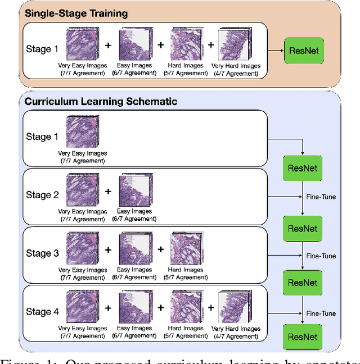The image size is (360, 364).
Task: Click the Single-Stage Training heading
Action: (x=76, y=13)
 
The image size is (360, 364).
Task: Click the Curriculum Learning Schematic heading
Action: (x=100, y=102)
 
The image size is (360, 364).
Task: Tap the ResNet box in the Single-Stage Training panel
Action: (x=303, y=51)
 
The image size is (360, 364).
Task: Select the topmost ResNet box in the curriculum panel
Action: (x=303, y=168)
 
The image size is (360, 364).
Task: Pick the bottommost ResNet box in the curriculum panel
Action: (x=303, y=337)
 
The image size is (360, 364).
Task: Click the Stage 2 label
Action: (x=42, y=195)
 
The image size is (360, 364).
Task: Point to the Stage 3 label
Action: (x=42, y=253)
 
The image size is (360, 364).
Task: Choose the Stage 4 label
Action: (x=42, y=312)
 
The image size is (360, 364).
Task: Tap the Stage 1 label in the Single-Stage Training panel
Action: (x=42, y=49)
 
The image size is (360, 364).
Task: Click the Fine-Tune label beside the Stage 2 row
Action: (x=321, y=197)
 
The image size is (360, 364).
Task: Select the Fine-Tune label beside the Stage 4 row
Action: (x=321, y=313)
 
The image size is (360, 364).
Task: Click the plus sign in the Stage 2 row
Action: (x=109, y=192)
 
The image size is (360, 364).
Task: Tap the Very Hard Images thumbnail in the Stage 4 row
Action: (x=234, y=307)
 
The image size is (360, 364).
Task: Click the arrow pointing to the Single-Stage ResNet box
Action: (x=276, y=51)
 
